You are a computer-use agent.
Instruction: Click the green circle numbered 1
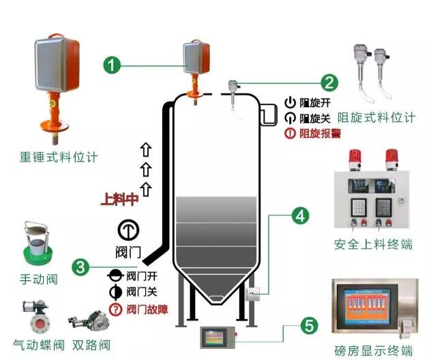pyautogui.click(x=113, y=65)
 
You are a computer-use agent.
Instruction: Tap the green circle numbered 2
pyautogui.click(x=329, y=82)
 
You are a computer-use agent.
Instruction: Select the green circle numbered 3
pyautogui.click(x=81, y=267)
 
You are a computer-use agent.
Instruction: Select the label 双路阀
pyautogui.click(x=89, y=344)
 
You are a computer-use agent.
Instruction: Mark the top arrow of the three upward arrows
pyautogui.click(x=145, y=148)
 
